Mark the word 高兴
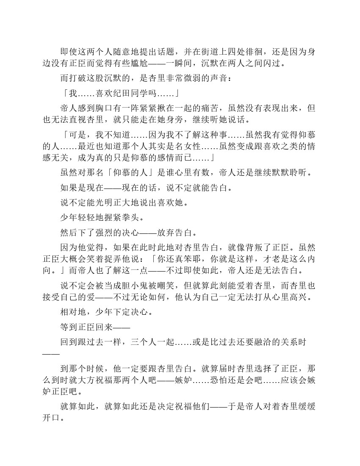300,298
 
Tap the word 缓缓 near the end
305,406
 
